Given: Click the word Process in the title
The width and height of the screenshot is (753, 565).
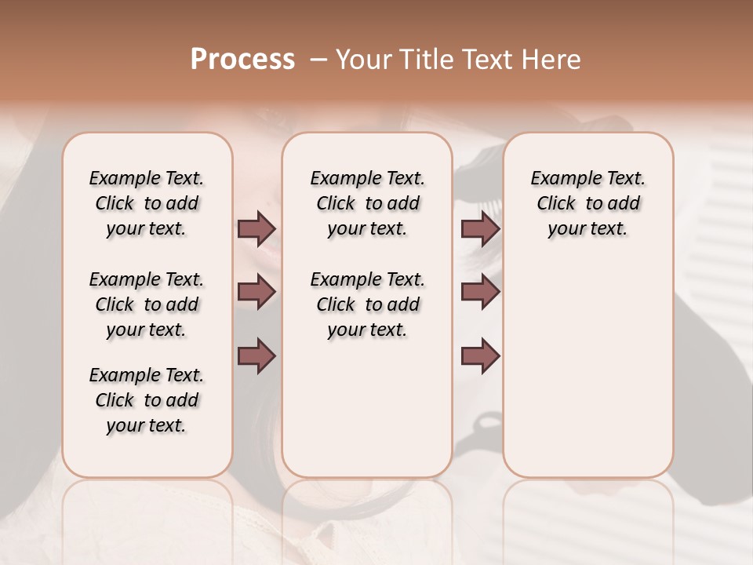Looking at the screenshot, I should click(x=242, y=60).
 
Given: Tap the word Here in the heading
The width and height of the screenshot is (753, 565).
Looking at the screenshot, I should click(x=551, y=60).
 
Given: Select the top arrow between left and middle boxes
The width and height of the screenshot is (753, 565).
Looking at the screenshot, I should click(x=256, y=228).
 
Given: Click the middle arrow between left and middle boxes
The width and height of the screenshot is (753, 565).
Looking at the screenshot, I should click(x=256, y=292).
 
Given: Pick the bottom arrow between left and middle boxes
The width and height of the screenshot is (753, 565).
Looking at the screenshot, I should click(x=256, y=355).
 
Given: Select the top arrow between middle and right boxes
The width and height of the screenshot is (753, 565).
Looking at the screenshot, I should click(x=480, y=228).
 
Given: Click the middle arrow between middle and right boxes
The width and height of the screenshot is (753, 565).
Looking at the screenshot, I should click(x=480, y=292).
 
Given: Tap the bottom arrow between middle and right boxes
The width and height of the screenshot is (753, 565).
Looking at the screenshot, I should click(x=480, y=355).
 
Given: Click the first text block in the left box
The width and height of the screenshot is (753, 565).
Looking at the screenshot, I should click(x=147, y=203).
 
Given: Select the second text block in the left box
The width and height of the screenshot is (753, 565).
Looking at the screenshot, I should click(x=147, y=304).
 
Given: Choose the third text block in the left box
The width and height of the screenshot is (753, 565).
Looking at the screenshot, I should click(x=147, y=400).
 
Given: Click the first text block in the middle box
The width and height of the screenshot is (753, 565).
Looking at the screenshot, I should click(x=367, y=203).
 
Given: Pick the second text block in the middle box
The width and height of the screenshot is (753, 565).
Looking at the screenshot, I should click(x=367, y=304).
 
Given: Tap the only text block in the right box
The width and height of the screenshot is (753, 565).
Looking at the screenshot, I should click(x=587, y=203).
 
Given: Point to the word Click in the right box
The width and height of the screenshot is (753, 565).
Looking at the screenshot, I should click(x=556, y=204).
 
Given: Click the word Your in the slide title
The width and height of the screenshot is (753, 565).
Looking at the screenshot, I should click(x=362, y=60).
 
